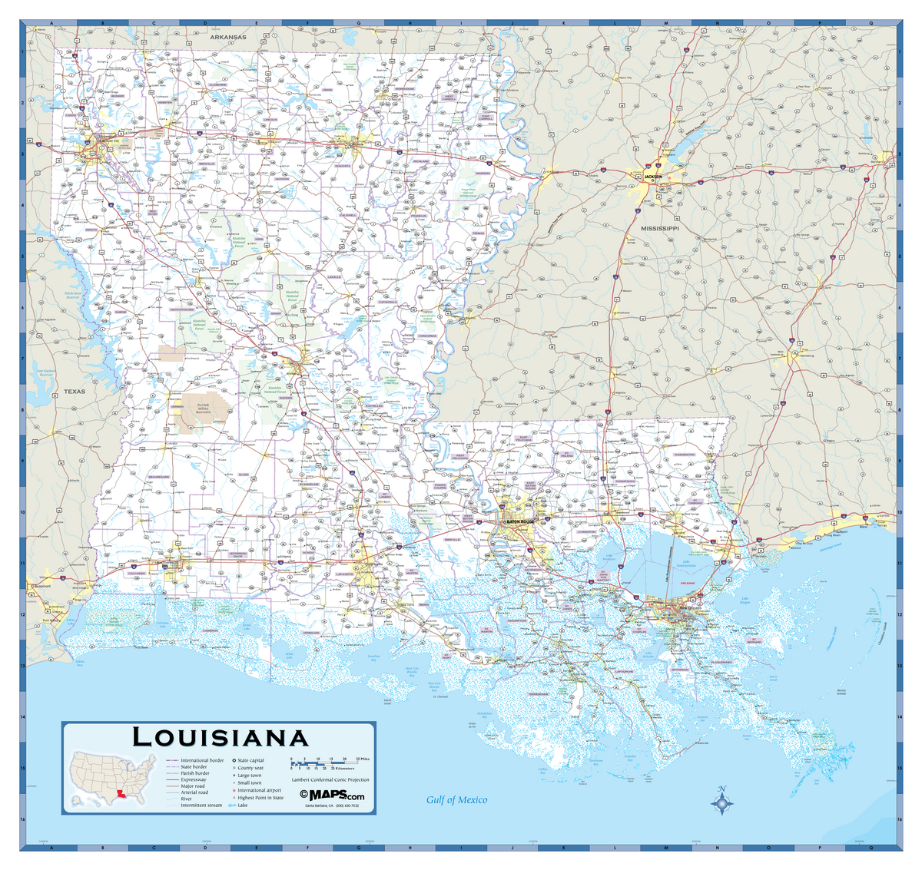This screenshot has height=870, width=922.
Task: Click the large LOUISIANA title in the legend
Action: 221,738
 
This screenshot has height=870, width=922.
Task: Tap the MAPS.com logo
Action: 332,795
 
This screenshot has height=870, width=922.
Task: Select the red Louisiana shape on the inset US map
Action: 121,796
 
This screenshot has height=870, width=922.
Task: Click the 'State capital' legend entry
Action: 250,760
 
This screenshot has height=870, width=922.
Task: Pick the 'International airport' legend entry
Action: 259,790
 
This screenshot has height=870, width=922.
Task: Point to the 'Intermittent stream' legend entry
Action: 201,805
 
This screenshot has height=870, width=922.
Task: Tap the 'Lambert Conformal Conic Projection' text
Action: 331,779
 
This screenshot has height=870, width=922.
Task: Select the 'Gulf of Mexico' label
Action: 456,800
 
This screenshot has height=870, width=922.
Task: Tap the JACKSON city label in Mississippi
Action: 652,177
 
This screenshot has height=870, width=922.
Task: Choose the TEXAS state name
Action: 75,392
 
